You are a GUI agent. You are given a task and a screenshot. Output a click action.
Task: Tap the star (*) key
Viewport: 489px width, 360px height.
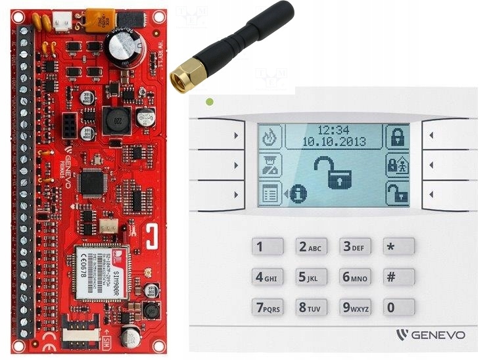tap(399, 246)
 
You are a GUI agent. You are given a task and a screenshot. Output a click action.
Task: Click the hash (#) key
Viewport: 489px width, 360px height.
tap(399, 277)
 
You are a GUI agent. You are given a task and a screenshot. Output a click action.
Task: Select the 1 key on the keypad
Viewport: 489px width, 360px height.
tap(268, 247)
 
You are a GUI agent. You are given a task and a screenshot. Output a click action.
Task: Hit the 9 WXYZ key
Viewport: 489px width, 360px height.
tap(355, 307)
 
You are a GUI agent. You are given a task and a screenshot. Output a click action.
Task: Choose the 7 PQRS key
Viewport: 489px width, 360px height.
tap(268, 307)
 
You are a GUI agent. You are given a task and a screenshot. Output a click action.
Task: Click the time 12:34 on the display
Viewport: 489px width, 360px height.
tap(333, 130)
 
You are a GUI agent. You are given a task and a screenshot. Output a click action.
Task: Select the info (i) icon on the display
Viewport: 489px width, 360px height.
tap(299, 193)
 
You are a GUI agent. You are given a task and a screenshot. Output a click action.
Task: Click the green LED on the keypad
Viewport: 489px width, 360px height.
tap(210, 102)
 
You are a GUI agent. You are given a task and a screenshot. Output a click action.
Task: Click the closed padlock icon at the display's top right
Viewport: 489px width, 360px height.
tap(396, 137)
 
